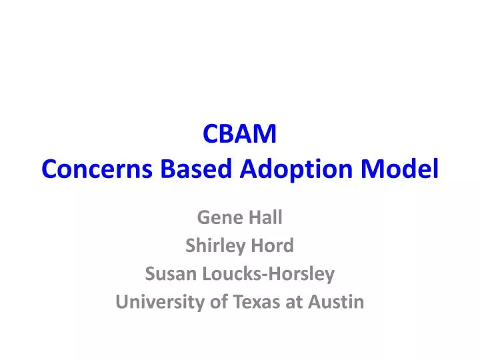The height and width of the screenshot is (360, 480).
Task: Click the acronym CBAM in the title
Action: click(x=240, y=135)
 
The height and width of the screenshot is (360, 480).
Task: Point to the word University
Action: click(x=153, y=302)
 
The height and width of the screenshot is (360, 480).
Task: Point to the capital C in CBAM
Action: click(x=209, y=135)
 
